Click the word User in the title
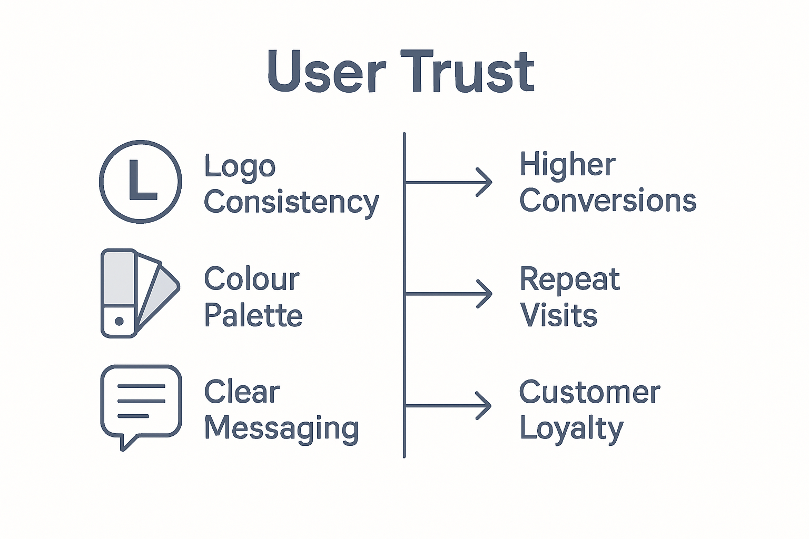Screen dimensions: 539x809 pos(327,72)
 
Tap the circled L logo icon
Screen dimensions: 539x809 pos(141,182)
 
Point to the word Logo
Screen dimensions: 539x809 pos(240,167)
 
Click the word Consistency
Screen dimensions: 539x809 pos(291,203)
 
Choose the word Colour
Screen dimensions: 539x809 pos(252,279)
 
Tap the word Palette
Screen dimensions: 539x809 pos(253,315)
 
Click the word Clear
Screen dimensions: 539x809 pos(242,392)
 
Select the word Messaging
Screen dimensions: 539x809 pos(282,428)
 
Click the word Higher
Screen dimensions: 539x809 pos(567,164)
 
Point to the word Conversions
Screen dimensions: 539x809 pos(608,201)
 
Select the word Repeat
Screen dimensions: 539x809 pos(570,279)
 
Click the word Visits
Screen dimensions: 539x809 pos(558,315)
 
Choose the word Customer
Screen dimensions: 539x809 pos(589,392)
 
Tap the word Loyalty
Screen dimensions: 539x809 pos(571,428)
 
